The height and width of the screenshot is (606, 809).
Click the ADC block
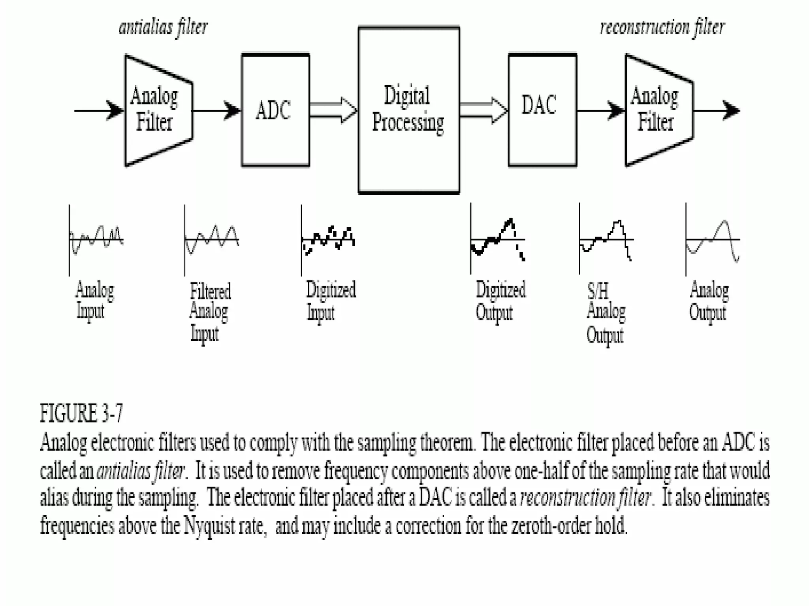tap(275, 110)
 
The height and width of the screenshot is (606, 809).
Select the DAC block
tap(542, 110)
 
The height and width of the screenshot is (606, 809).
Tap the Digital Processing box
tap(409, 110)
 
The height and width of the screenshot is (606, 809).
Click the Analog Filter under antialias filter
tap(158, 110)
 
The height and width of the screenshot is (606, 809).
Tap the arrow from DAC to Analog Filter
tap(600, 110)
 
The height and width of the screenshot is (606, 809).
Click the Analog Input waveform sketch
tap(96, 239)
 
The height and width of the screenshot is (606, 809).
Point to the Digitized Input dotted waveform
tap(328, 239)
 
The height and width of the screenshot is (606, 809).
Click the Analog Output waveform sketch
tap(713, 239)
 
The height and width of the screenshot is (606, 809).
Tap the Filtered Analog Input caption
tap(209, 312)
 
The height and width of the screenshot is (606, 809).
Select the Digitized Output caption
tap(500, 301)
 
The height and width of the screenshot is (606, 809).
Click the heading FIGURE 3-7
tap(81, 413)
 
